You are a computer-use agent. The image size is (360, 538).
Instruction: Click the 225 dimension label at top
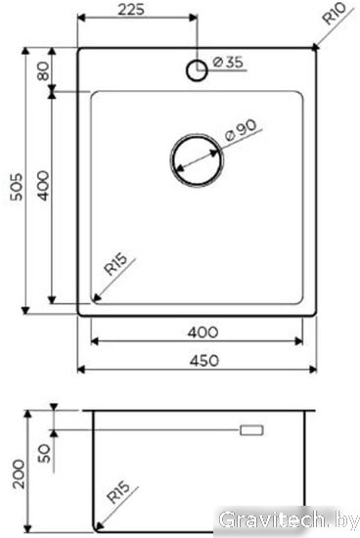[131, 9]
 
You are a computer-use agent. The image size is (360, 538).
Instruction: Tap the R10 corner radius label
[335, 14]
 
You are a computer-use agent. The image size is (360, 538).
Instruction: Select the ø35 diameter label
[228, 62]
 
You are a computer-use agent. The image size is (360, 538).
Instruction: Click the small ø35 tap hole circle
[197, 70]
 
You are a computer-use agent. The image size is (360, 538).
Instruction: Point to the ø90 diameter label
[241, 130]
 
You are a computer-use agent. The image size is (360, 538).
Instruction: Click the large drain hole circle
[197, 160]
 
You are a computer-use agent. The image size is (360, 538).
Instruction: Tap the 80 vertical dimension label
[44, 71]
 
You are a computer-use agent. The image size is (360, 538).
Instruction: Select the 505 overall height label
[16, 187]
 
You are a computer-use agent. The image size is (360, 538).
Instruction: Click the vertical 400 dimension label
[44, 186]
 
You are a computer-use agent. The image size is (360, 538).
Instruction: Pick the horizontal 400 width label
[202, 333]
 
